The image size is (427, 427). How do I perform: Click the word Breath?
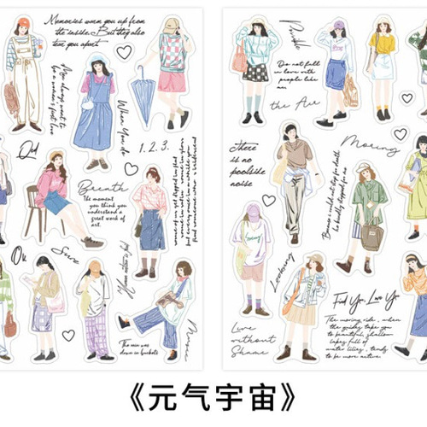tap(102, 186)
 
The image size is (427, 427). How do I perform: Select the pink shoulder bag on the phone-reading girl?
tap(57, 302)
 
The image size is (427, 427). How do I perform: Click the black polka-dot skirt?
tap(254, 72)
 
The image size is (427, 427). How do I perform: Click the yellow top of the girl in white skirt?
tap(383, 43)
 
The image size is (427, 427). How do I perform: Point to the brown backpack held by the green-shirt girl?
tap(371, 236)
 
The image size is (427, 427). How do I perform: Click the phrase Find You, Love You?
tap(366, 296)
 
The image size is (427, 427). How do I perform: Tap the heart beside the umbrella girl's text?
tap(124, 51)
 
